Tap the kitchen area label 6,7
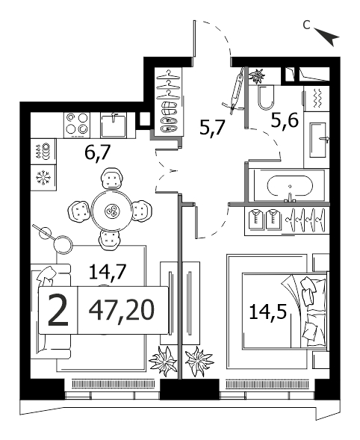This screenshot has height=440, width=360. pos(96,152)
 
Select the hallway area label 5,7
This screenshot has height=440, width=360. pos(212,127)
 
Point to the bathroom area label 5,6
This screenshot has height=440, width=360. pos(285,121)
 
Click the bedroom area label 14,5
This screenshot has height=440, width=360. pos(267,312)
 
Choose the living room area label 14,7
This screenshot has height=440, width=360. pos(106,272)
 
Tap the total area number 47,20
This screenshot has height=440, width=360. pos(122,310)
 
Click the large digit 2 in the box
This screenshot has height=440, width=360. pos(58,311)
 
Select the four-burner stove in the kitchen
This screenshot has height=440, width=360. pos(77,126)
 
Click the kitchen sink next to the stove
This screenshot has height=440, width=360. pos(114,126)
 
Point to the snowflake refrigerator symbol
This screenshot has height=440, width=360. pos(43,178)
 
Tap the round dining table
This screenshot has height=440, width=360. pos(112,211)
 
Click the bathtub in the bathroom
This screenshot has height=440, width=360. pos(290,185)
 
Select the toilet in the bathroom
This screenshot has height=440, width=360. pos(266,98)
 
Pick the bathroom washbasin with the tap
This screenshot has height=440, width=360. pos(319,140)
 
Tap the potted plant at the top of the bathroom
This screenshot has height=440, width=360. pos(257,75)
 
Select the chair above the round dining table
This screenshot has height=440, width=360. pos(112,179)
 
